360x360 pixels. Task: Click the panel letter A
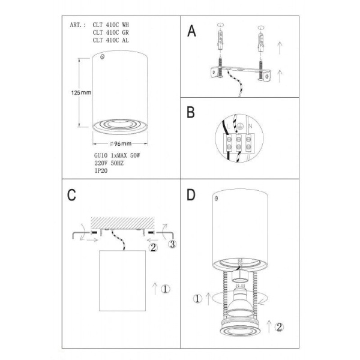192,31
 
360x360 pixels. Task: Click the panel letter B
191,112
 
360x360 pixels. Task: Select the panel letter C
71,195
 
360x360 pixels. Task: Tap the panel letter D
191,194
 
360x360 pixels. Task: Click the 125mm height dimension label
81,93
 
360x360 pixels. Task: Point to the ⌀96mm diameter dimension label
121,144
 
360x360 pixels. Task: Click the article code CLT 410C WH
110,25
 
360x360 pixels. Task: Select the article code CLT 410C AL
110,40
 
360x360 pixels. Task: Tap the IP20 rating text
101,170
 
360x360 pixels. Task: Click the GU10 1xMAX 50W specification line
117,155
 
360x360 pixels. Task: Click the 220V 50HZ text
109,163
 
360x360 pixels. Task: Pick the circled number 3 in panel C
172,244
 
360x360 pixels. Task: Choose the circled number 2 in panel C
153,247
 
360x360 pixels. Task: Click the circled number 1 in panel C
166,289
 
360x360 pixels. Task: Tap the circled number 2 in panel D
279,327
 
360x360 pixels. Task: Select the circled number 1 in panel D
198,299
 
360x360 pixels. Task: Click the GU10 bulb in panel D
239,301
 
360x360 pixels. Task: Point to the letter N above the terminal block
250,126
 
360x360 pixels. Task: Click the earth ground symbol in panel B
239,126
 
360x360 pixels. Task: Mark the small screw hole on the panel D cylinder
215,198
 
